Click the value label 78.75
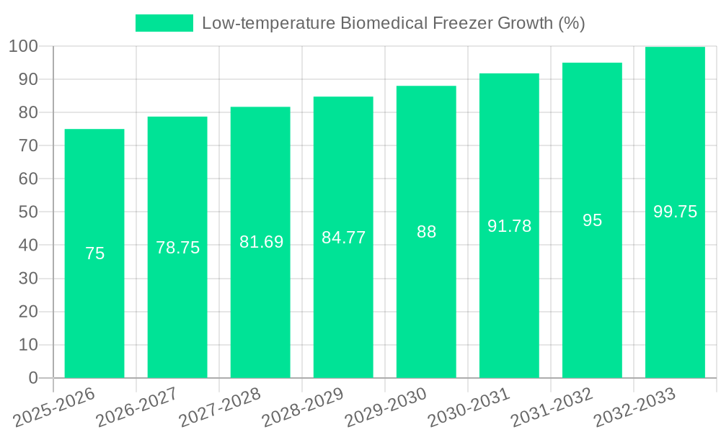177,248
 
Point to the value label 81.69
261,242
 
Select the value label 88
426,232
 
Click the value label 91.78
509,226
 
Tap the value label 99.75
675,212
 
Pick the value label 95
592,220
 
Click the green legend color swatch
164,23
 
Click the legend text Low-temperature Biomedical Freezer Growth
393,23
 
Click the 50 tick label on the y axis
27,212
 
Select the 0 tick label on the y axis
32,378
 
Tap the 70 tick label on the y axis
27,145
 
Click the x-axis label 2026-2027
136,407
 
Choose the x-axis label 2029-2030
385,407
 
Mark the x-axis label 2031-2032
551,407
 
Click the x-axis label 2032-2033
634,407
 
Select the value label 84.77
343,238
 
